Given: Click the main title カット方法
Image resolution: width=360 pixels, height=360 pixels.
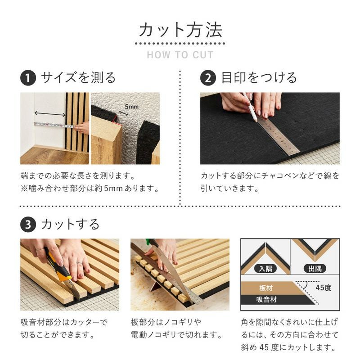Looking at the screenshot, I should click(x=180, y=30).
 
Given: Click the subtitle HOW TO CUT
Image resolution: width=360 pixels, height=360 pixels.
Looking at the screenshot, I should click(x=180, y=55).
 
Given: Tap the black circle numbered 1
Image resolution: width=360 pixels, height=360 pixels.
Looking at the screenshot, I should click(x=28, y=78).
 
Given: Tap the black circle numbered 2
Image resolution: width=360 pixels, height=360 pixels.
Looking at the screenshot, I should click(x=208, y=78).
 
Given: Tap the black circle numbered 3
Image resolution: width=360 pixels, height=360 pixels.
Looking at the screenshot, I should click(x=28, y=224).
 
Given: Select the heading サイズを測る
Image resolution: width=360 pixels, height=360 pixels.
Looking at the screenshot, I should click(x=78, y=78).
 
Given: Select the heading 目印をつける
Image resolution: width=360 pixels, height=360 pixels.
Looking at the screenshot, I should click(x=259, y=78).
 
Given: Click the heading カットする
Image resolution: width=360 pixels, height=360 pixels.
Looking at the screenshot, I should click(x=70, y=224).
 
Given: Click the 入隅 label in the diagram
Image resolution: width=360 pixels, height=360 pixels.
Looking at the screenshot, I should click(x=265, y=269).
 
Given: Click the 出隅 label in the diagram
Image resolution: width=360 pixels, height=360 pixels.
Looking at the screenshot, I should click(x=315, y=269).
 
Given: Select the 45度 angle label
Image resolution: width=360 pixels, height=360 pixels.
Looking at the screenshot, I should click(x=323, y=288).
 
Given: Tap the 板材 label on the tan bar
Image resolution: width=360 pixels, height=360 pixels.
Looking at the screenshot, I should click(x=265, y=288).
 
